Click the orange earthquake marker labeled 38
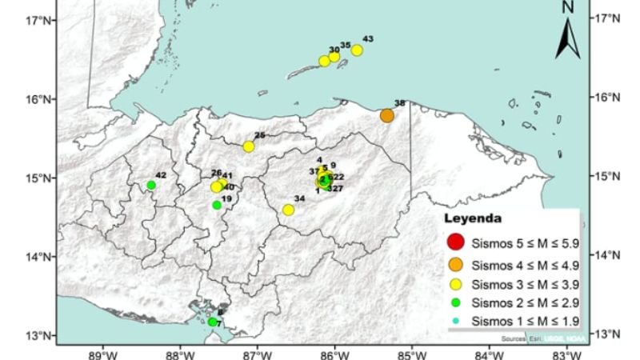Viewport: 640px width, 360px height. click(x=387, y=115)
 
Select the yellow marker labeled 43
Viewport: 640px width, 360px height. click(x=357, y=50)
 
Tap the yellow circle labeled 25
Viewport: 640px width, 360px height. click(x=249, y=146)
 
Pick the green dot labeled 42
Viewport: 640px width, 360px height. click(x=151, y=185)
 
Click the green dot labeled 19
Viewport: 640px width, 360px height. click(x=217, y=205)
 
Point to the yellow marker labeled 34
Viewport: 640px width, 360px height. click(x=288, y=210)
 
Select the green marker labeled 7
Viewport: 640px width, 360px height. click(x=212, y=322)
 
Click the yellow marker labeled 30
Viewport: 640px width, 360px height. click(x=324, y=61)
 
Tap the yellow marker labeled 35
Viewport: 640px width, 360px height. click(x=334, y=57)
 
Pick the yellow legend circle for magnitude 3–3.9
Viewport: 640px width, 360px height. click(x=455, y=283)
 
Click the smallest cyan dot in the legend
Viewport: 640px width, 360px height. click(x=455, y=322)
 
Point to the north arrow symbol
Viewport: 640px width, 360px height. click(x=568, y=36)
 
